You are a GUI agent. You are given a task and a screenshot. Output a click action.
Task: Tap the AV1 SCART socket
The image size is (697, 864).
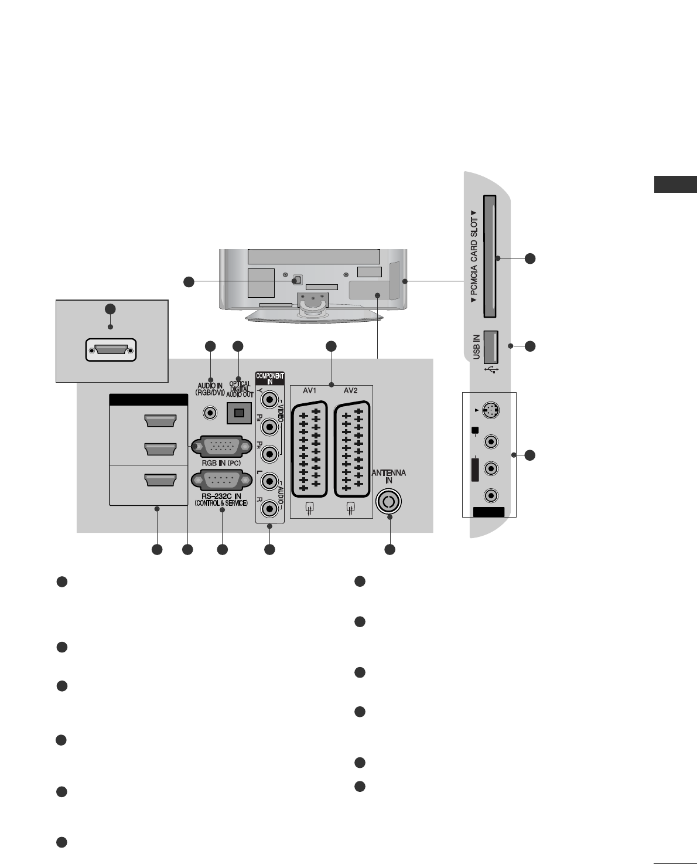click(309, 449)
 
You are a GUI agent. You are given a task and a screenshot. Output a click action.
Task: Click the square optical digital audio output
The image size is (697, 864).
click(238, 413)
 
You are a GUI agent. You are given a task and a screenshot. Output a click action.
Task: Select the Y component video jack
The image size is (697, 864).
click(269, 400)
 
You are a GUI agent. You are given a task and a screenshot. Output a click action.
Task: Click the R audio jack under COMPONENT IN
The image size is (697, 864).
click(269, 507)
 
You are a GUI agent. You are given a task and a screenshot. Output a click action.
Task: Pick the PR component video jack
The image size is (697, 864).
click(269, 454)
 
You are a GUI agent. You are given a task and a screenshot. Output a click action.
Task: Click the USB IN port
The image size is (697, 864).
click(491, 345)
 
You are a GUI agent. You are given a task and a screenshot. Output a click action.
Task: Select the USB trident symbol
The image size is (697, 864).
click(491, 369)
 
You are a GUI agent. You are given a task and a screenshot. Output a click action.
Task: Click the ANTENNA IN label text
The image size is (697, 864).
click(389, 477)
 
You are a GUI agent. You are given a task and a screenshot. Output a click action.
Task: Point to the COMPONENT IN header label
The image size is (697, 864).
click(269, 378)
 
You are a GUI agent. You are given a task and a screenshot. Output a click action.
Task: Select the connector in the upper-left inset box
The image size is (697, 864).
click(111, 351)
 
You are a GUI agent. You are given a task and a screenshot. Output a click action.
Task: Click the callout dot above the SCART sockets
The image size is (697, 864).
click(331, 346)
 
